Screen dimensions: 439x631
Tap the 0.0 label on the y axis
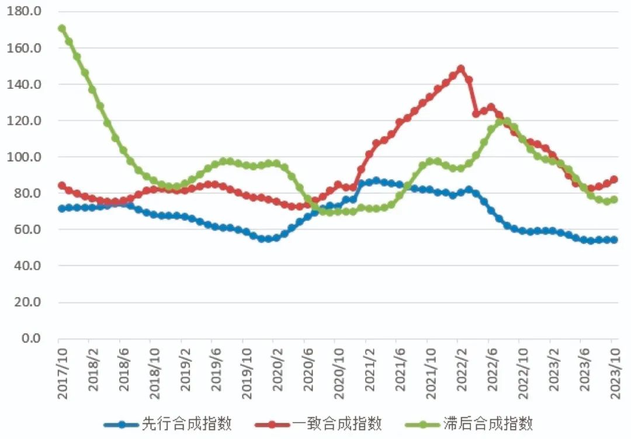[x=30, y=339]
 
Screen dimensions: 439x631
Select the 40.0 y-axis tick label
[x=27, y=266]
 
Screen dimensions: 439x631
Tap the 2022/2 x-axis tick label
[x=461, y=372]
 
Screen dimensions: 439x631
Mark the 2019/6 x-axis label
[x=216, y=372]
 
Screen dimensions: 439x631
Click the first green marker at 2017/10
[x=62, y=28]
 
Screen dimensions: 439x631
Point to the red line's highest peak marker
[x=460, y=69]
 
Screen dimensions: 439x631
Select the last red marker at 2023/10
[x=614, y=179]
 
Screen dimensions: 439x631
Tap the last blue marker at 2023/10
[x=614, y=240]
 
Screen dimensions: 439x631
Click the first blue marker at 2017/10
[x=62, y=208]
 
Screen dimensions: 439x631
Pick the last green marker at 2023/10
[x=614, y=200]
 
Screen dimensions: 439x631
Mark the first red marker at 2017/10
[x=62, y=186]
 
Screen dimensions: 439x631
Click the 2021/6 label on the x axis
[x=400, y=372]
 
